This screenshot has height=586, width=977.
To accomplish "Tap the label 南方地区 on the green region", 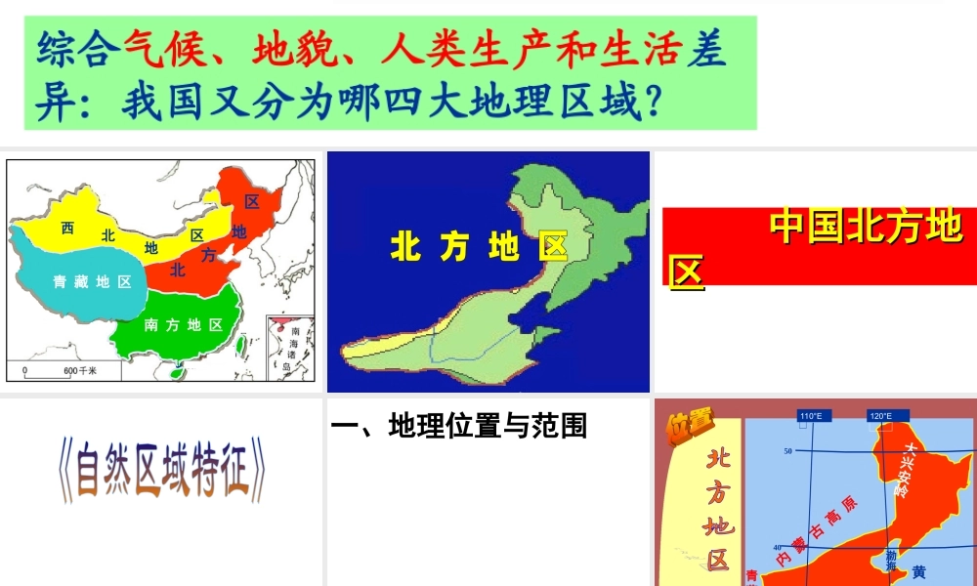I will (183, 324).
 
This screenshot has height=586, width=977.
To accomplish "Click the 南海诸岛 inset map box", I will (290, 348).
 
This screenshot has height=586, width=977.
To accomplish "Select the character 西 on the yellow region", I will (67, 229).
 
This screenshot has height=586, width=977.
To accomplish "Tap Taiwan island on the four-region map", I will (239, 344).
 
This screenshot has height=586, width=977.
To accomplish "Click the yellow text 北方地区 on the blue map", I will (478, 247).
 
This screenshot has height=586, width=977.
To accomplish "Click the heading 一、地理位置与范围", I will (459, 426).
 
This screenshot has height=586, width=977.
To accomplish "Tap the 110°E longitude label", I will (810, 416).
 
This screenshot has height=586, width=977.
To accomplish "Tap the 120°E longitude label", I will (880, 416).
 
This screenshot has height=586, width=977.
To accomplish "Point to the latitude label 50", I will (786, 451).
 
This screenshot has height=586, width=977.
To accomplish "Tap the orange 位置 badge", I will (691, 426).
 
